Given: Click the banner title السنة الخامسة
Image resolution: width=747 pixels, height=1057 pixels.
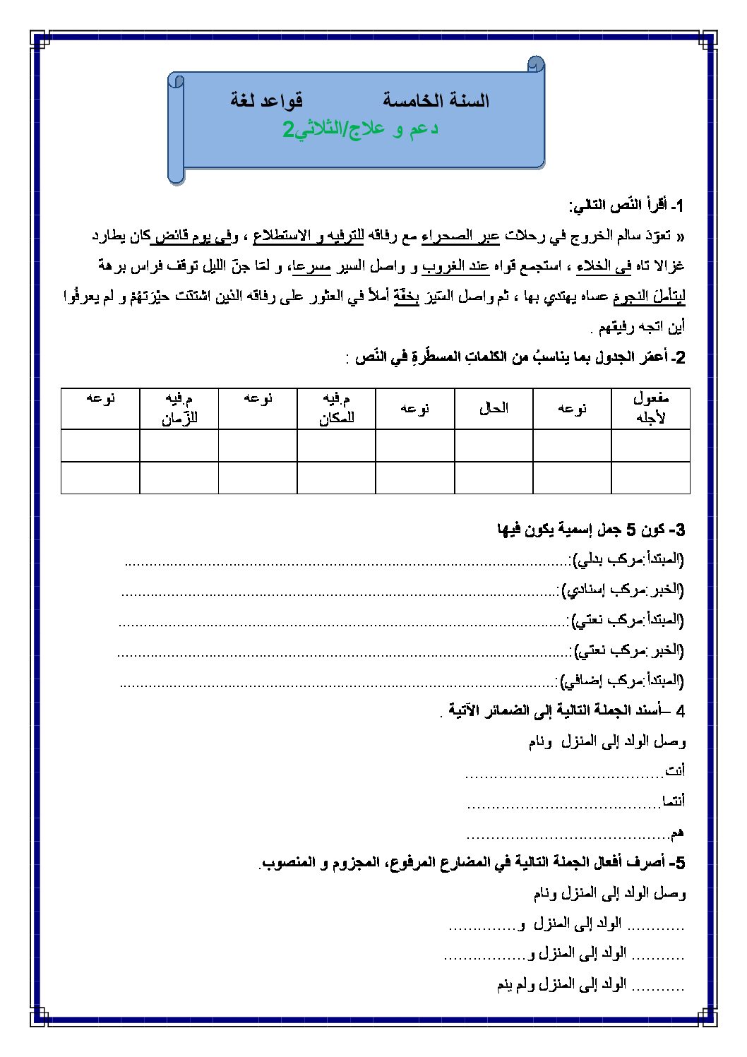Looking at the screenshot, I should (436, 101).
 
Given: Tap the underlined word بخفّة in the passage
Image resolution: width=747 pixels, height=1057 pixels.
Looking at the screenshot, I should (406, 297).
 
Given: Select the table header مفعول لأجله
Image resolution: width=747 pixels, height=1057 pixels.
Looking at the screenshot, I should (650, 408).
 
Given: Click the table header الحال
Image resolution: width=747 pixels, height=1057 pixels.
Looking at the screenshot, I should (494, 408).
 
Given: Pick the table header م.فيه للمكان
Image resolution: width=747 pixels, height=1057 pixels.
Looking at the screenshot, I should (336, 408).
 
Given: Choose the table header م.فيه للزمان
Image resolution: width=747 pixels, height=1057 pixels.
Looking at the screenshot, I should (179, 408).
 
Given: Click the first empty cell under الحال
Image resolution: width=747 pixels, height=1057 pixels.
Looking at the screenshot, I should (494, 446).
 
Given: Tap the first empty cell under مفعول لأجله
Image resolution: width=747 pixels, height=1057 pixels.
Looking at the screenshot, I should (650, 446).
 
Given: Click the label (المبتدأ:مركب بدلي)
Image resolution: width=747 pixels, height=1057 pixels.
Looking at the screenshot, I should (628, 560).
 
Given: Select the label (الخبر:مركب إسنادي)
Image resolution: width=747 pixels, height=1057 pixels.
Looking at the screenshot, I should (622, 590).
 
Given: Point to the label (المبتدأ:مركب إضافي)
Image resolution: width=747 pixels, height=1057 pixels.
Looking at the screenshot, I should (622, 681).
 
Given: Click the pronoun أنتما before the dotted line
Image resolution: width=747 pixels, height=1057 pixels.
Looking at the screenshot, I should (673, 801).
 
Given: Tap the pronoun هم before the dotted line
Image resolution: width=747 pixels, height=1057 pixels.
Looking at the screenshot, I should (677, 833).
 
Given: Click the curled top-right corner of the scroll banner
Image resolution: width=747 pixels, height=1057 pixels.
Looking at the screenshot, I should (536, 65).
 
